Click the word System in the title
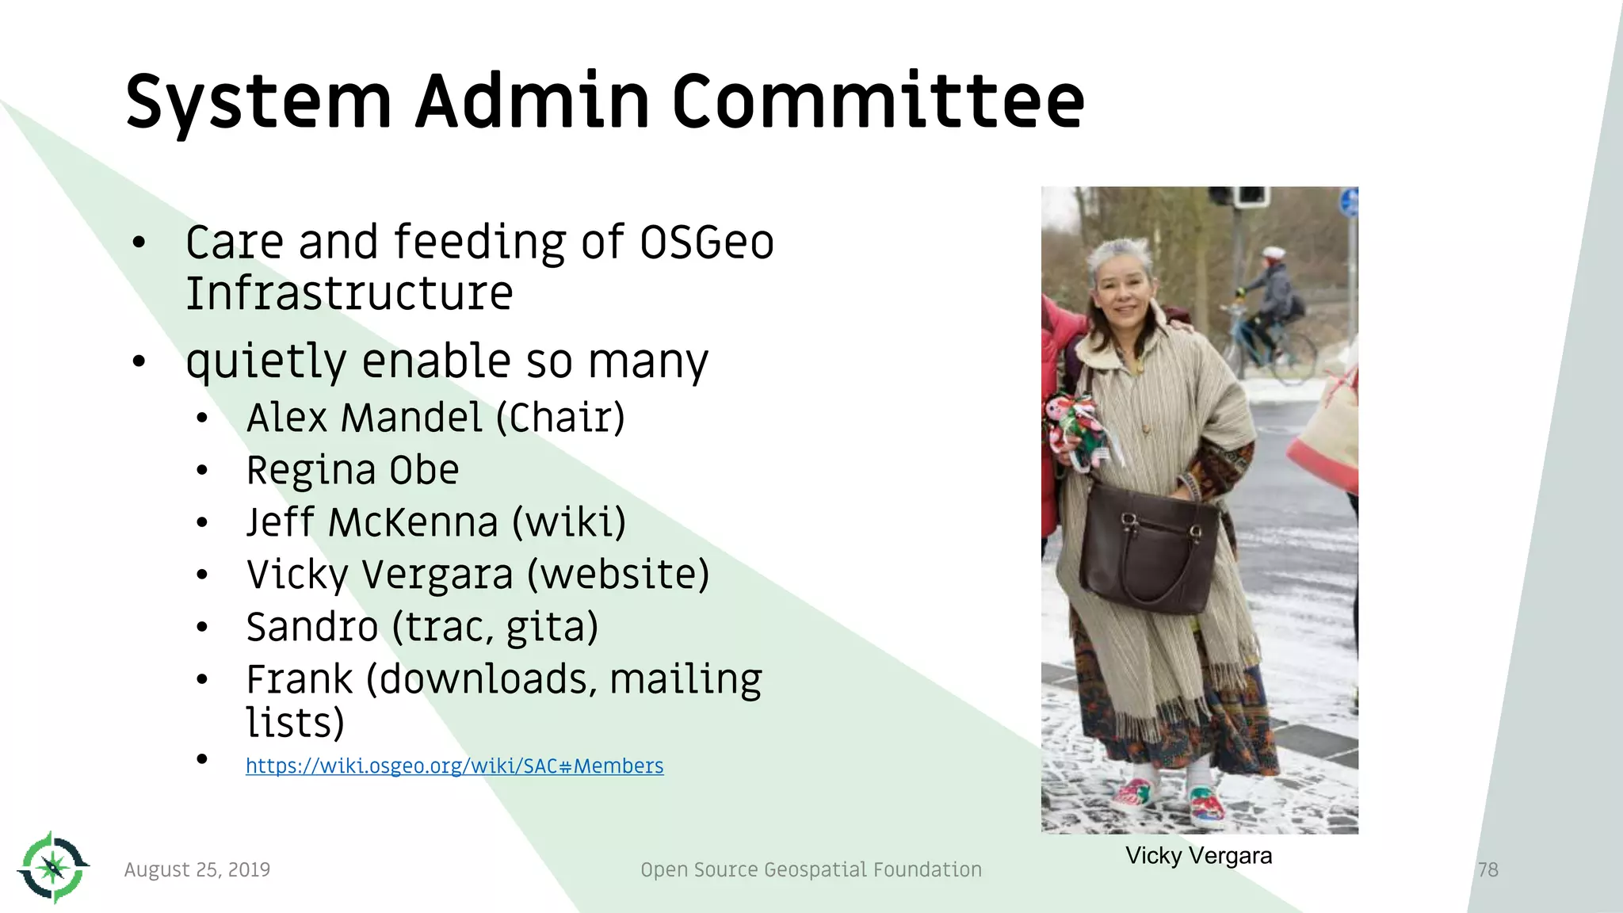258,103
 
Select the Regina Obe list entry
353,470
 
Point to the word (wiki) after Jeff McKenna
569,522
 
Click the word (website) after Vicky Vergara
618,575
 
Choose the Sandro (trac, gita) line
422,627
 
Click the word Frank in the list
299,679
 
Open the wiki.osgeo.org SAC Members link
454,766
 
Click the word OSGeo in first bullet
706,243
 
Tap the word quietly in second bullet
266,361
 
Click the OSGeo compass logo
53,867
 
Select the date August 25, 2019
197,869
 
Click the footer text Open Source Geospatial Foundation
811,869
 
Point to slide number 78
1487,869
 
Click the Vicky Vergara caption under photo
1198,856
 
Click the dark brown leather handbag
1145,551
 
